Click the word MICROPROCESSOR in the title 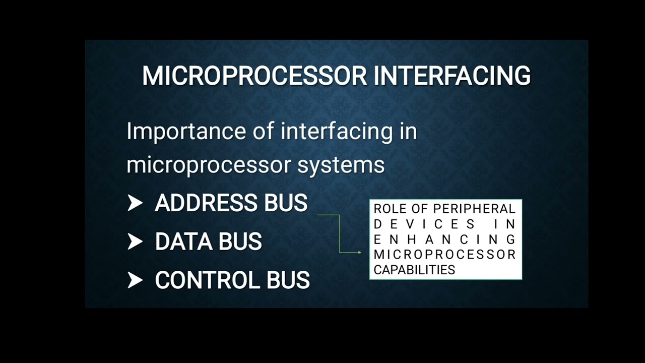pos(254,76)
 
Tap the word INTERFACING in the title pos(452,76)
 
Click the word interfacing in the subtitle pos(337,132)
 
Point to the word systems pos(341,165)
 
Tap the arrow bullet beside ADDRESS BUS pos(135,203)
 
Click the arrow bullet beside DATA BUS pos(135,241)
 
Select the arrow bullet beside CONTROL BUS pos(135,280)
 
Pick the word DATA pos(183,241)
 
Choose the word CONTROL pos(208,280)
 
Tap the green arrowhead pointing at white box pos(359,252)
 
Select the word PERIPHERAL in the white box pos(474,209)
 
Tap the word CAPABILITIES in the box pos(414,270)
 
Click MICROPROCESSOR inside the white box pos(445,254)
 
